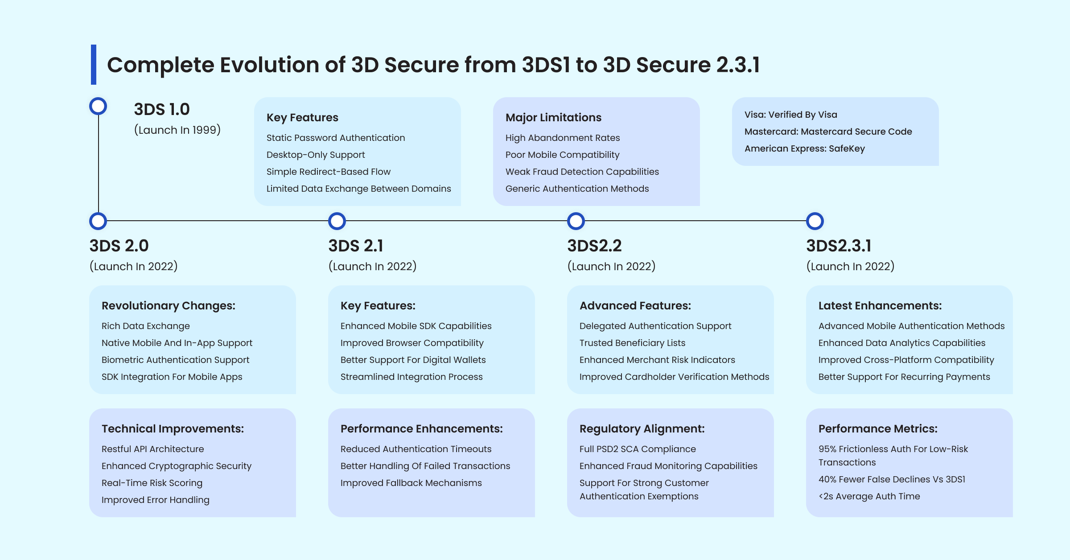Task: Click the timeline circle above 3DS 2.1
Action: pos(337,221)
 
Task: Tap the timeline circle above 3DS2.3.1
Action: pos(815,221)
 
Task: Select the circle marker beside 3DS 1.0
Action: pos(98,107)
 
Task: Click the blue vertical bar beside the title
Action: pos(94,65)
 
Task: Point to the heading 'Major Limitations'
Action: pos(553,118)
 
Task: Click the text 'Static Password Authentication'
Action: pos(336,138)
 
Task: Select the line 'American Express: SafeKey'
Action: pos(804,148)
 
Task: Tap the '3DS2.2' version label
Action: pos(594,246)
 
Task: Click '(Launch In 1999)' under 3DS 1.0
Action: pos(177,130)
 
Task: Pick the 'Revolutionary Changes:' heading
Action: pos(169,306)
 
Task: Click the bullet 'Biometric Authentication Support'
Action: pos(175,360)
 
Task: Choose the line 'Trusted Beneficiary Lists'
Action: pos(632,343)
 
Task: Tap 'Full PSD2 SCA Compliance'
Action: pos(638,449)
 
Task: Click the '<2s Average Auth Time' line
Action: pos(869,496)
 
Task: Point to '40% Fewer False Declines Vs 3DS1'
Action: pos(892,479)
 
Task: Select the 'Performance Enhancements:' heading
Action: pos(421,429)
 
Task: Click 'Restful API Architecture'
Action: pos(152,449)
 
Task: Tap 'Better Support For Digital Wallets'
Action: pos(413,360)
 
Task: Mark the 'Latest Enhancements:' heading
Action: pos(880,306)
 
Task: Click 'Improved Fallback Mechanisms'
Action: pos(411,483)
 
